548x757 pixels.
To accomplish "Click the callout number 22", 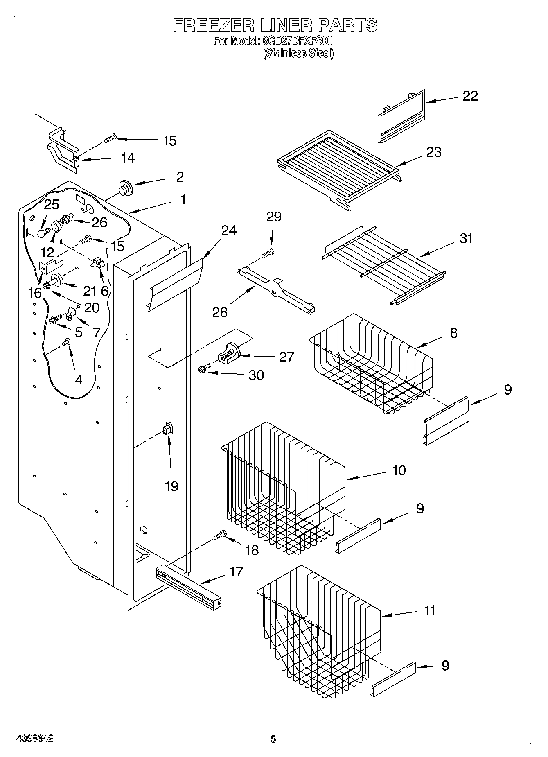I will click(470, 96).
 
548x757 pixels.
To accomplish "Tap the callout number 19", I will click(171, 486).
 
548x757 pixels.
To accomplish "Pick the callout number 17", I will click(236, 572).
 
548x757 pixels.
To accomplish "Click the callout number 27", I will click(286, 357).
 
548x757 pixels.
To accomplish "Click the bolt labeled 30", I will click(204, 369).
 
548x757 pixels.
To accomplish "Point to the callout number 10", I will click(399, 470).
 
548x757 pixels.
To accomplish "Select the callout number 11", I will click(430, 610).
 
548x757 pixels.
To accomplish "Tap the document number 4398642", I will click(35, 739).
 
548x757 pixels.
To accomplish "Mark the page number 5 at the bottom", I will click(273, 739).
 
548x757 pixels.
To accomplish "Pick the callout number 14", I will click(128, 158).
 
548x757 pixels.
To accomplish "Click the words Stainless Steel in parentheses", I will click(298, 53).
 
